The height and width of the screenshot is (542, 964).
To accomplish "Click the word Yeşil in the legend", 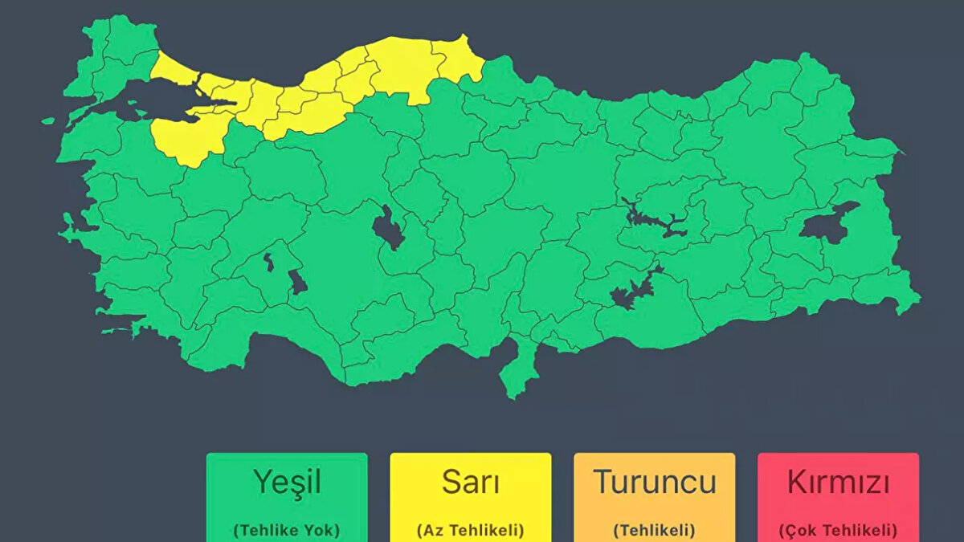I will pos(287,482).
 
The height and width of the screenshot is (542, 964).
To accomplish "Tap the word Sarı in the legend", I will pos(470,482).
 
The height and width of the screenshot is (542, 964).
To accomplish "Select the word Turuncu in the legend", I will pos(654,482).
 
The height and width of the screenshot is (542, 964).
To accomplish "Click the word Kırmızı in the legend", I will pos(838,483).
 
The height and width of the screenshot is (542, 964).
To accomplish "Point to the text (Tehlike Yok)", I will pos(287,530).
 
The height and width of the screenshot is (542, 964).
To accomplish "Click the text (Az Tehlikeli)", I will pos(470,530).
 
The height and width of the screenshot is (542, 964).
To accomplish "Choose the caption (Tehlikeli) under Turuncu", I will pos(654,530).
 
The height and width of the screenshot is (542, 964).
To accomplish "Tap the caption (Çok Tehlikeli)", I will pos(838,530).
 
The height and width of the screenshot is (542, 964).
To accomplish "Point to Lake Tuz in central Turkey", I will pos(388,230).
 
